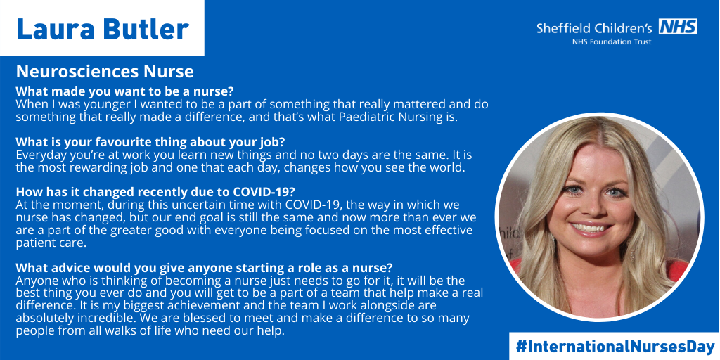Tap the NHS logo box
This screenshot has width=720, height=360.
[x=679, y=26]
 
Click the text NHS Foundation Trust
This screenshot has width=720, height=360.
[x=612, y=42]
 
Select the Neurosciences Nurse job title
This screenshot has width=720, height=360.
[x=105, y=72]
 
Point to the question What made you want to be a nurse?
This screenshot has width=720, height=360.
[x=125, y=91]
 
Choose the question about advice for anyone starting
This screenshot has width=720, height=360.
[x=205, y=267]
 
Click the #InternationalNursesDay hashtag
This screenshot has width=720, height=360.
[x=615, y=346]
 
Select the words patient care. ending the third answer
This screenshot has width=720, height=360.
[x=51, y=243]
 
